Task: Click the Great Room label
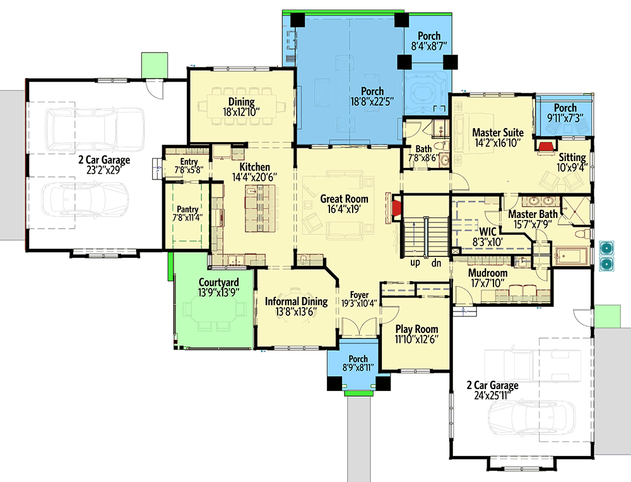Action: pyautogui.click(x=344, y=199)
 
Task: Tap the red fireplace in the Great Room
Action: pyautogui.click(x=396, y=208)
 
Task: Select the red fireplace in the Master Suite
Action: pyautogui.click(x=545, y=146)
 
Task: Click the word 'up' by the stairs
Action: pyautogui.click(x=415, y=263)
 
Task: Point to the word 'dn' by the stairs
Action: pyautogui.click(x=436, y=263)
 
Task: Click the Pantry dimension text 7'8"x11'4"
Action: pyautogui.click(x=187, y=217)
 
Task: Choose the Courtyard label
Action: pyautogui.click(x=218, y=282)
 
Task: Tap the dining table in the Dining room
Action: pyautogui.click(x=242, y=107)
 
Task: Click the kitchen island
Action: pyautogui.click(x=261, y=208)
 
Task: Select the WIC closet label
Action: pyautogui.click(x=487, y=232)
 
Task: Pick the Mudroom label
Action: pyautogui.click(x=488, y=273)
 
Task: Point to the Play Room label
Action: pyautogui.click(x=416, y=329)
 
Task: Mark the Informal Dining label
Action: pyautogui.click(x=296, y=301)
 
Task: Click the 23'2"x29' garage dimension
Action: pyautogui.click(x=104, y=170)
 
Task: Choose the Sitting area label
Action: pyautogui.click(x=572, y=157)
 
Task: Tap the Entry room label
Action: pyautogui.click(x=189, y=162)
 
